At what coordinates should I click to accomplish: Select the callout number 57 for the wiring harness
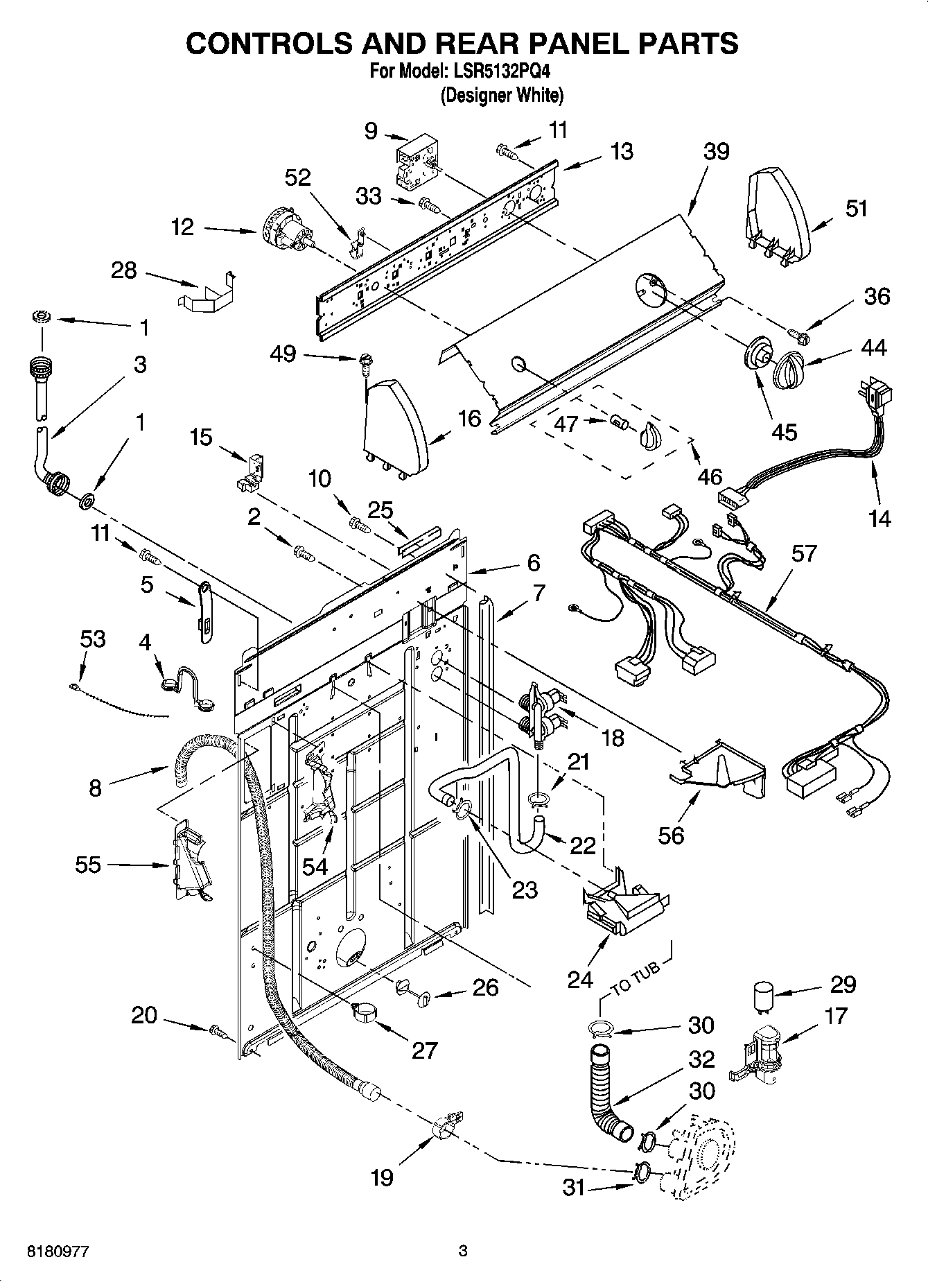(804, 553)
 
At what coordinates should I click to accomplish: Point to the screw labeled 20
(218, 1031)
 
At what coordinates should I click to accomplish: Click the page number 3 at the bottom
(463, 1251)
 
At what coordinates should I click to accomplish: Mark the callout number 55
(88, 865)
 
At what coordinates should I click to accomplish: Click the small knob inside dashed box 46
(650, 437)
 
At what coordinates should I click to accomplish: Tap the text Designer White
(502, 95)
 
